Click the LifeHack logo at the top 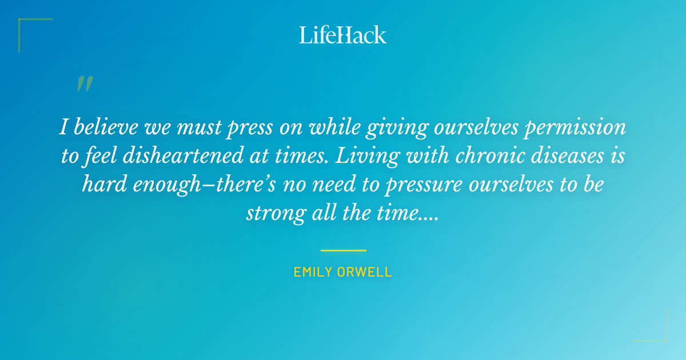coord(343,35)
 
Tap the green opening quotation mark coord(85,84)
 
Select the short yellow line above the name coord(343,250)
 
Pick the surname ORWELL coord(369,272)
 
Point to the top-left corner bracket coord(23,23)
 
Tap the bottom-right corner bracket coord(663,337)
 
